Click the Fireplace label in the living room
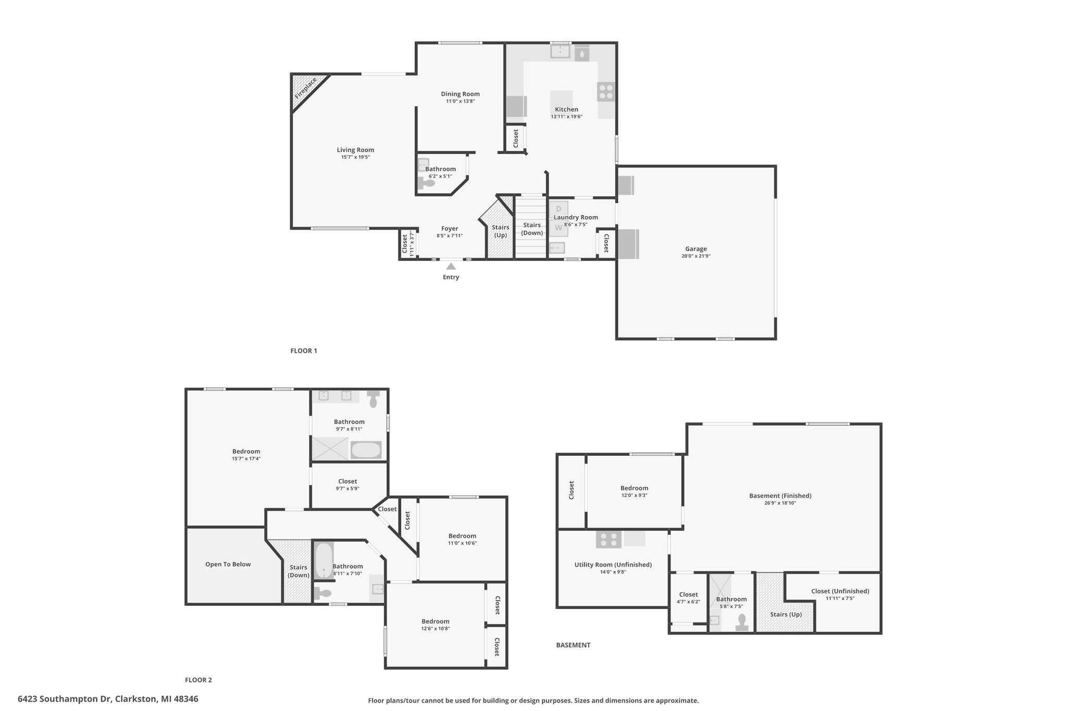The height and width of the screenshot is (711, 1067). pos(305,88)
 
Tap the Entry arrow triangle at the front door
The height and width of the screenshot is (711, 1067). pos(451,266)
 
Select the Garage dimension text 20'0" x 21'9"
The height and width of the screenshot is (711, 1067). pos(696,256)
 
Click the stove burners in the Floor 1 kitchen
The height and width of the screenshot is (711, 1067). pos(606,92)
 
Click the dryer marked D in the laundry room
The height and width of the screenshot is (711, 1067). pos(559,209)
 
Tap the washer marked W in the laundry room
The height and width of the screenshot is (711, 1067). pos(559,228)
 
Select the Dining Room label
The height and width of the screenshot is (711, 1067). pos(460,94)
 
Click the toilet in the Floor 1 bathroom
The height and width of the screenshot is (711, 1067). pos(426,183)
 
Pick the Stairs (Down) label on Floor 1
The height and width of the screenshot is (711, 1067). pos(532,229)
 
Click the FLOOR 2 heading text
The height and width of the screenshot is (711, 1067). pos(198,680)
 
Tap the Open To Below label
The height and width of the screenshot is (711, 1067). pos(228,564)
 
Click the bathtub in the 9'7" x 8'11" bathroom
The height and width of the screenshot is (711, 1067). pos(366,450)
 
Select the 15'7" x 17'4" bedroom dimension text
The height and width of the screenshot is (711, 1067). pos(246,459)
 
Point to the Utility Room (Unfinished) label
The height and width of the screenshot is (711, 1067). pos(613,565)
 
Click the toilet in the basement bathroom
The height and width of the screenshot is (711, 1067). pos(742,622)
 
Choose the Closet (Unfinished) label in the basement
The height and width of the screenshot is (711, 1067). pos(840,591)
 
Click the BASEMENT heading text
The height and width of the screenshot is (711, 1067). pos(573,645)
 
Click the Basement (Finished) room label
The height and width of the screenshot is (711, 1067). pos(780,496)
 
